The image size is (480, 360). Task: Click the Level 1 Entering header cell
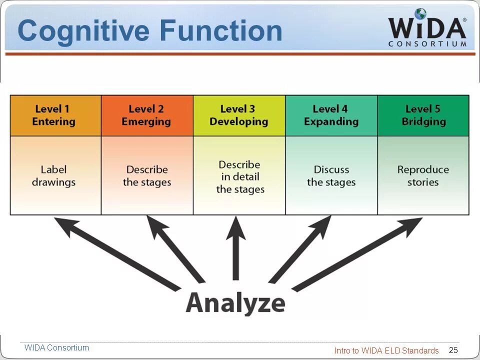pos(55,115)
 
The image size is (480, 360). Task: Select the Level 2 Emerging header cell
pos(147,115)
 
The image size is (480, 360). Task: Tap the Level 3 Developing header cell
pos(239,115)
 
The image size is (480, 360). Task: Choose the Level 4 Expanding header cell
pos(331,115)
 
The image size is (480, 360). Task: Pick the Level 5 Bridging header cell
pos(423,115)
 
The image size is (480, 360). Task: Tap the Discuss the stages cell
pos(331,175)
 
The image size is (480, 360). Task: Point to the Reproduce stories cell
pos(423,175)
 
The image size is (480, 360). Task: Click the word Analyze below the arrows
pos(235,302)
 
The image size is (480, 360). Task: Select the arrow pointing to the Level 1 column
pos(117,253)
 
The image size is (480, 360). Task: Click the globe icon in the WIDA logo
pos(420,14)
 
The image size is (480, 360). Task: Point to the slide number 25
pos(453,350)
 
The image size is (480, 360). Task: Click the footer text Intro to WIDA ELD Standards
pos(386,350)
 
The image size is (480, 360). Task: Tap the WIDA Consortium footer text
pos(56,347)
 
